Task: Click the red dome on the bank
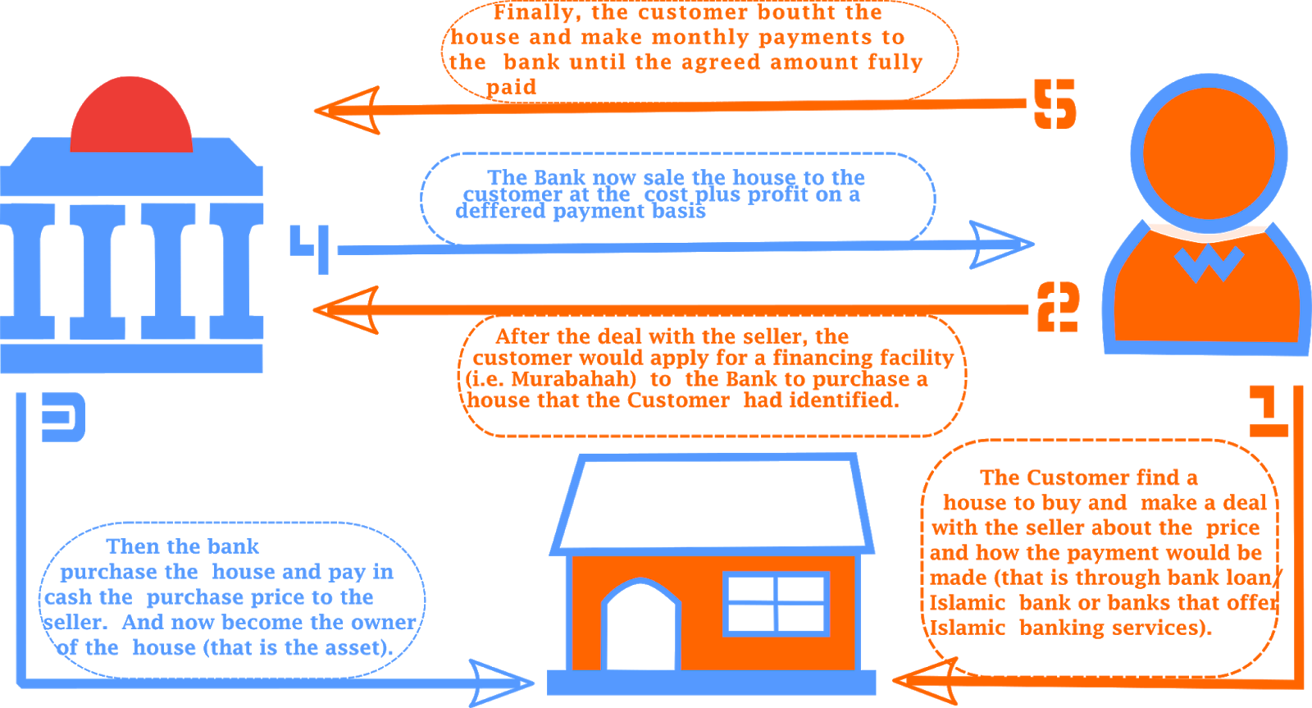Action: tap(131, 119)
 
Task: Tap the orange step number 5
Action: tap(1055, 104)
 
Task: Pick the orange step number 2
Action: tap(1057, 308)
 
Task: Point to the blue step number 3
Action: tap(64, 418)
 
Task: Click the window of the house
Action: tap(776, 604)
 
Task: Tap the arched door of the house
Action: tap(641, 628)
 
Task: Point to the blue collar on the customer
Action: tap(1208, 263)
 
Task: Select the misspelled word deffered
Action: tap(501, 212)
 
